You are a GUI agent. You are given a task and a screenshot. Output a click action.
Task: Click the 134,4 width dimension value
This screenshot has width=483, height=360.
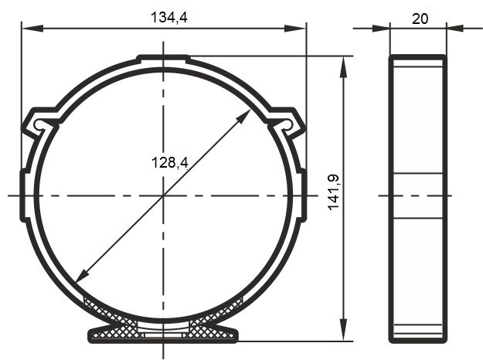168,17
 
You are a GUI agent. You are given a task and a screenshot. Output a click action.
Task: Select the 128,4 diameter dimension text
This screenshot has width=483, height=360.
170,162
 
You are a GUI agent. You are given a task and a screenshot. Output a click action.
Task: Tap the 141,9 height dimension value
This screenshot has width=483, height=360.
333,192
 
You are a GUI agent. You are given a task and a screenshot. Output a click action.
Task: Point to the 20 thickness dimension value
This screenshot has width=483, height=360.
420,19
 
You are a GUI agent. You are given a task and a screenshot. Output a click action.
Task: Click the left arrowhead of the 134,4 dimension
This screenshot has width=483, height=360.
32,29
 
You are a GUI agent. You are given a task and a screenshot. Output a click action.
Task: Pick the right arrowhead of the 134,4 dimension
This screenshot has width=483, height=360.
294,29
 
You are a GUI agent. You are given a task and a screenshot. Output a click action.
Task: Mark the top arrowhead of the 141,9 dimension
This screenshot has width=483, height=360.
343,66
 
